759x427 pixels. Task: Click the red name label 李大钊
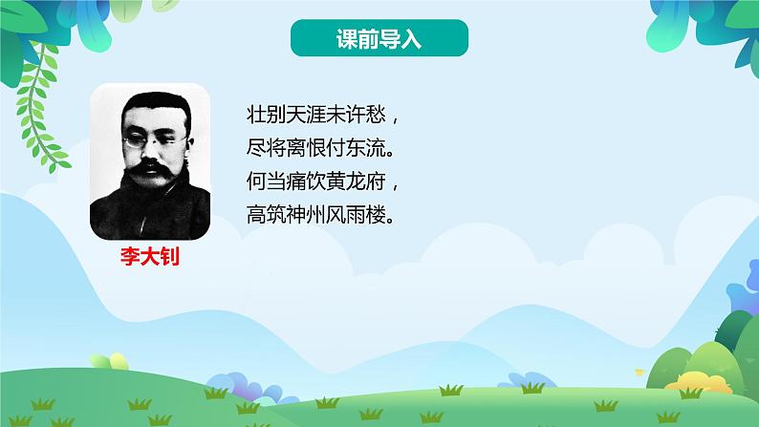(149, 258)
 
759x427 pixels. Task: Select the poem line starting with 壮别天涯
(321, 117)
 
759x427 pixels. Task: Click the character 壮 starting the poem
(255, 117)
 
